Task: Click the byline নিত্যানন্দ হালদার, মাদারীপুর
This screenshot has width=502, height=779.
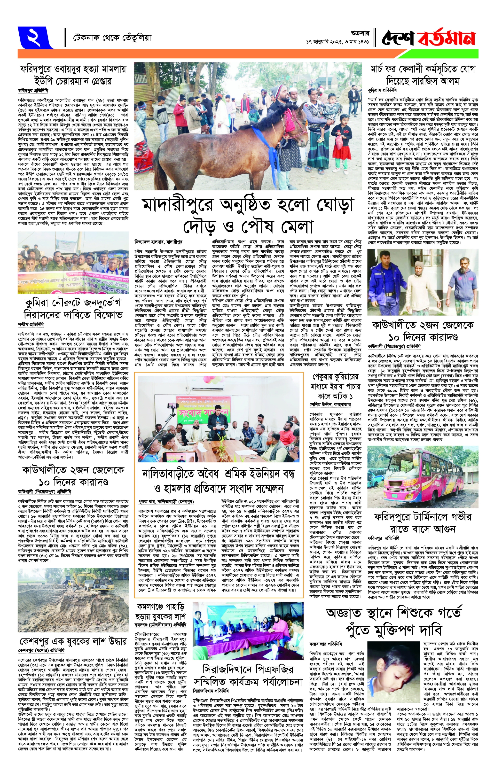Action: [159, 242]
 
